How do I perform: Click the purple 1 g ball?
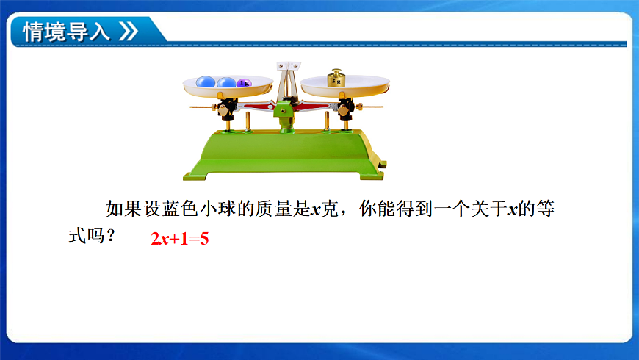pos(245,83)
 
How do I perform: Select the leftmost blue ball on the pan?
pos(206,82)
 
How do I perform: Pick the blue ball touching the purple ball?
pos(227,82)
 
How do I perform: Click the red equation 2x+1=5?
pos(180,239)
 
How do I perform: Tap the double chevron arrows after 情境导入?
pos(127,32)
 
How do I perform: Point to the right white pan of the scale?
pos(345,88)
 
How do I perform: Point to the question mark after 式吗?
pos(111,237)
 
